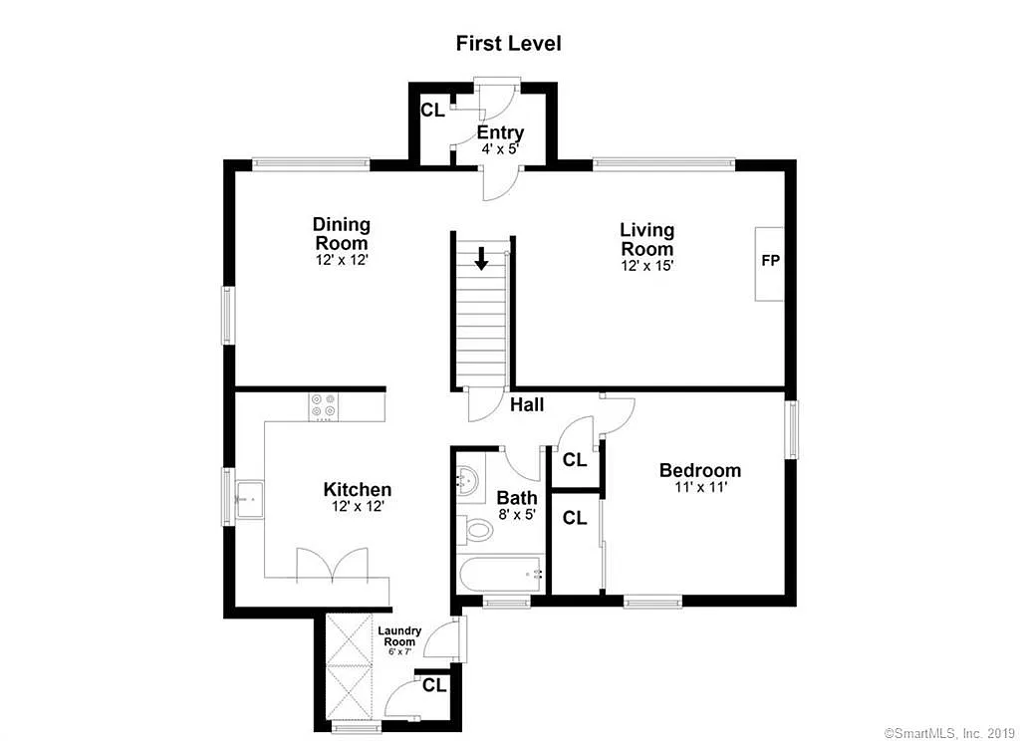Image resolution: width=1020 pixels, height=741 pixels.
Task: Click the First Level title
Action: tap(508, 43)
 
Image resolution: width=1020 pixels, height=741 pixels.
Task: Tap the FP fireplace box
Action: tap(769, 262)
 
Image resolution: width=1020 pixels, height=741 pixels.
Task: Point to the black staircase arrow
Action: tap(482, 259)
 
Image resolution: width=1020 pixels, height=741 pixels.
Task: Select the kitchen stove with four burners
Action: tap(323, 405)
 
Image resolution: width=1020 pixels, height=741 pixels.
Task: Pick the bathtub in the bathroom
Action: tap(501, 574)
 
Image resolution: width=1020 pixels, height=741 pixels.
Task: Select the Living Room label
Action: tap(646, 240)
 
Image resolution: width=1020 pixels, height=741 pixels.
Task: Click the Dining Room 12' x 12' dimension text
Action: tap(342, 259)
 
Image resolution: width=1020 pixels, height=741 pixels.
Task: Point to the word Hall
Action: tap(527, 405)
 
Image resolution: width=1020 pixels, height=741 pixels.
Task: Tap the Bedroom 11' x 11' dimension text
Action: tap(699, 488)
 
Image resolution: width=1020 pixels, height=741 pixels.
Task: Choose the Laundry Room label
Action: tap(399, 635)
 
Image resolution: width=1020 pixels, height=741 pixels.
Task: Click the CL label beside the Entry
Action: tap(431, 111)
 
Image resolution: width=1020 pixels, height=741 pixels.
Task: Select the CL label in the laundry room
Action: tap(433, 685)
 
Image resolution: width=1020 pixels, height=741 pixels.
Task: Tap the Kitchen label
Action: tap(357, 490)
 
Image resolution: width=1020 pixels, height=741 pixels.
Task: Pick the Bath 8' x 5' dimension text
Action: tap(517, 515)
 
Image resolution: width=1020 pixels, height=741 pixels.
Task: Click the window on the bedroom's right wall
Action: tap(791, 430)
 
